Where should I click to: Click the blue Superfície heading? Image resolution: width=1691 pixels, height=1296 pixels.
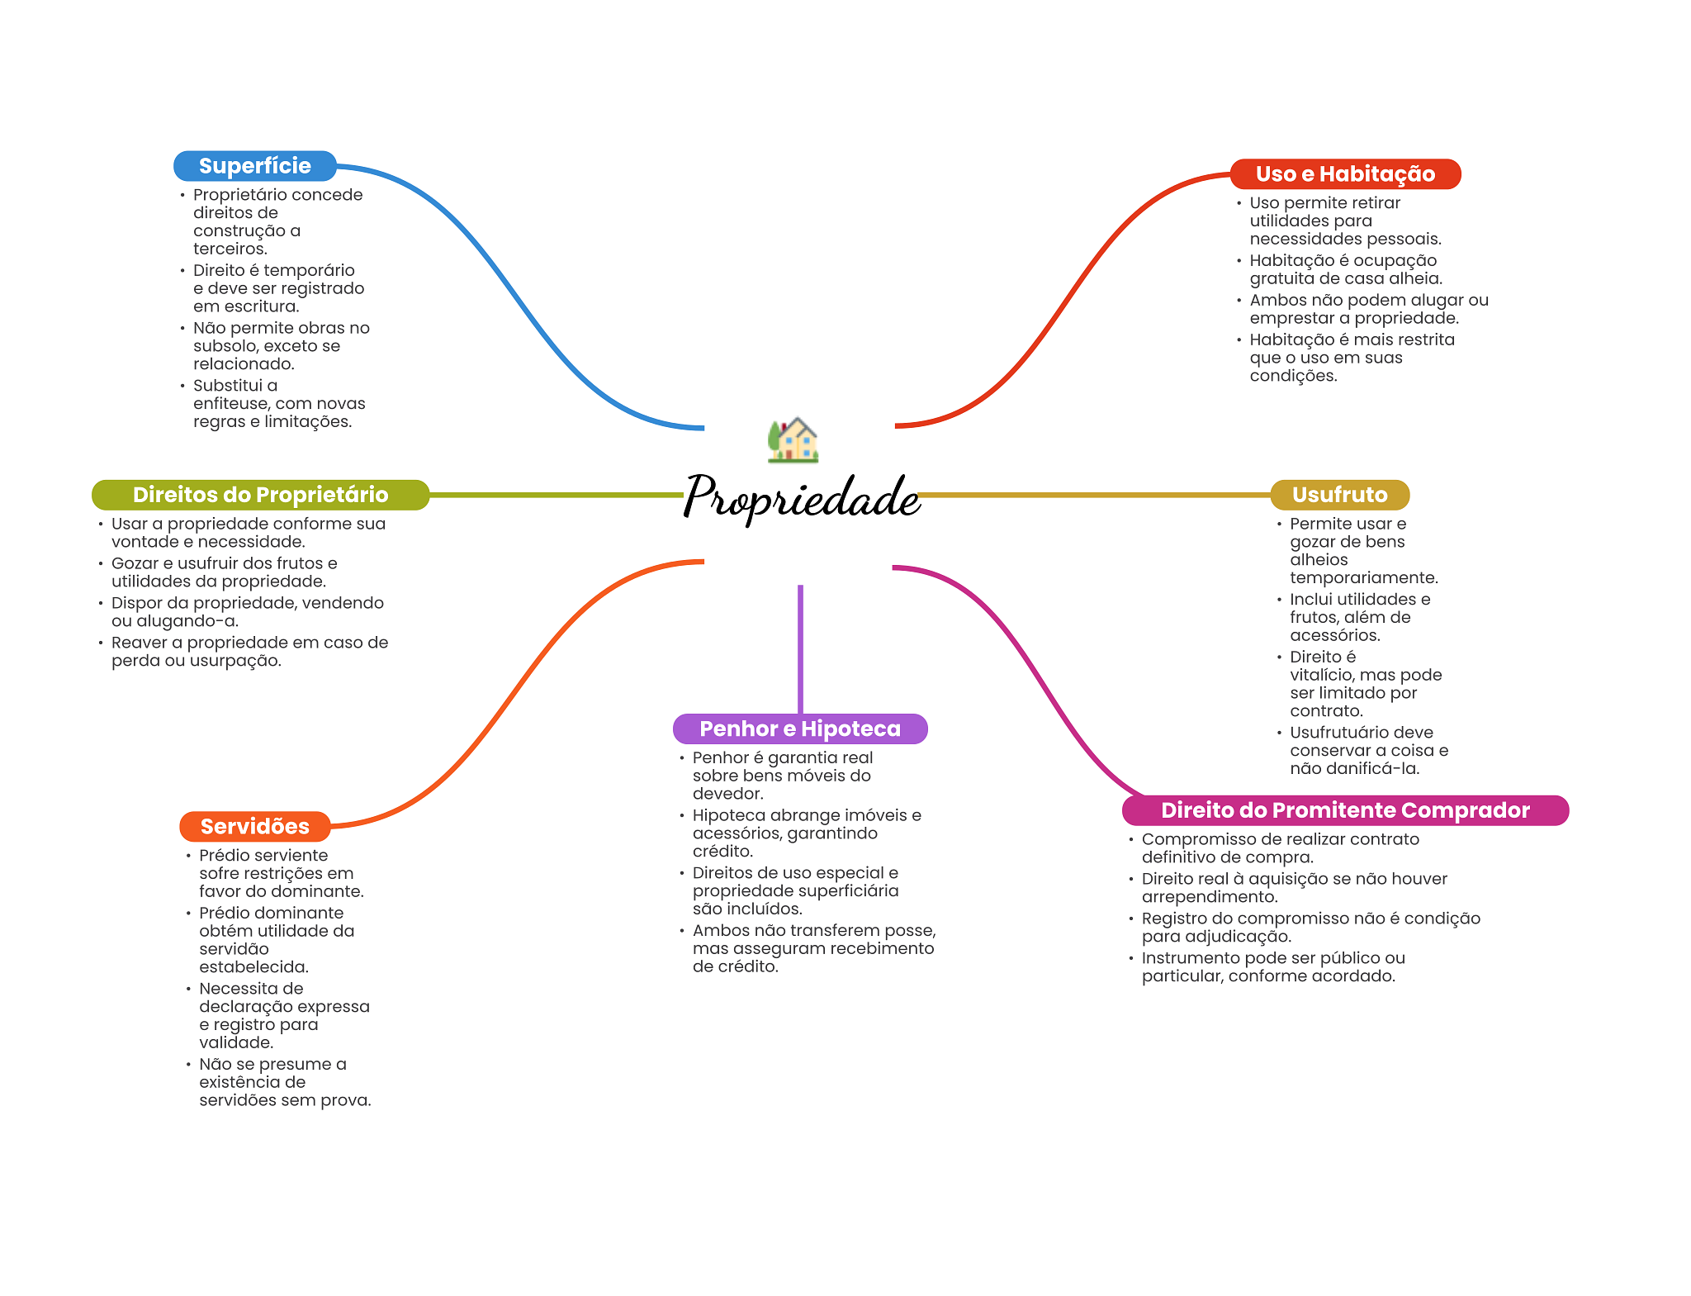254,166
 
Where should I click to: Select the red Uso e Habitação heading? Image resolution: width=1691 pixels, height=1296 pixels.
1344,174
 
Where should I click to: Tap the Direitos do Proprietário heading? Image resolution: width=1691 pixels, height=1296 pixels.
260,495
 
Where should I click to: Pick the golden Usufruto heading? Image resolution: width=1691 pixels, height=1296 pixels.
1339,495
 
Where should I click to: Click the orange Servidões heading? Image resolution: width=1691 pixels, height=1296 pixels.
254,827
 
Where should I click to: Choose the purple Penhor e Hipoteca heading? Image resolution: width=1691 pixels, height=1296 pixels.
799,729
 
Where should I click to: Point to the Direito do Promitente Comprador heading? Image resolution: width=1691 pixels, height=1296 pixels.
1344,810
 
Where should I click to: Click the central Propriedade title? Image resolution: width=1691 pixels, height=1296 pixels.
801,497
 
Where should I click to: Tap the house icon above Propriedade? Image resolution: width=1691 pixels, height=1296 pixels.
793,439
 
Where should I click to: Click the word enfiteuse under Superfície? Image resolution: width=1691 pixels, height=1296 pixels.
231,404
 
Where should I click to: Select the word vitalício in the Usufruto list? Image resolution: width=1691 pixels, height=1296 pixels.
1321,675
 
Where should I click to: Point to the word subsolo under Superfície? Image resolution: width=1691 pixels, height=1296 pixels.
222,346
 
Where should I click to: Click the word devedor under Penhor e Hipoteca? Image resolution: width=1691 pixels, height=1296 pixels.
727,794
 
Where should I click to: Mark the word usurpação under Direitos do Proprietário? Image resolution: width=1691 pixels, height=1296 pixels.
234,661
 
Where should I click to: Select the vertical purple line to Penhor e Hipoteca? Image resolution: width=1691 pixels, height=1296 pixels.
800,648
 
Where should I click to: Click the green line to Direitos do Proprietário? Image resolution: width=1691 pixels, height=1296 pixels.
553,495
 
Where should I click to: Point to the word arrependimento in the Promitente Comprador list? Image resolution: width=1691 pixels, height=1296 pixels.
1208,897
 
